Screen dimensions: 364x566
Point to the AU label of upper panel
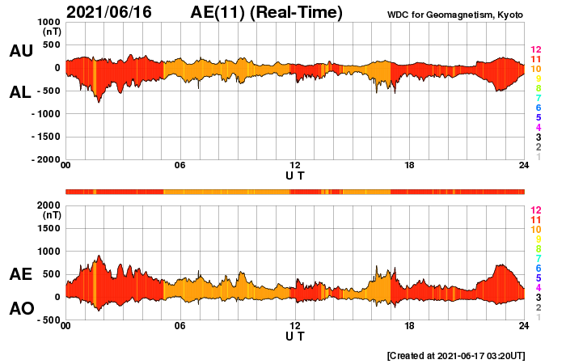pos(21,51)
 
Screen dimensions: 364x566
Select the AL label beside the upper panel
pos(21,92)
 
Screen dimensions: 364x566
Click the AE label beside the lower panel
pos(21,274)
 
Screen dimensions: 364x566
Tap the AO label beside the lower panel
pos(21,309)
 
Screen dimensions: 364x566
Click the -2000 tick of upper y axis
pos(43,160)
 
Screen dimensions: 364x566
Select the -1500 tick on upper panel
pos(43,138)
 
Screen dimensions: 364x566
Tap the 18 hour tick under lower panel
pos(410,326)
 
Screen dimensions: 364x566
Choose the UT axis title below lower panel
pos(295,336)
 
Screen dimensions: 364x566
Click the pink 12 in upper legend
pos(535,50)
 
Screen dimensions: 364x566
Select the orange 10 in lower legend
pos(535,229)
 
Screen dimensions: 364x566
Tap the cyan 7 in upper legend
pos(537,99)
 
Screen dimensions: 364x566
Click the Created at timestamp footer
pos(456,355)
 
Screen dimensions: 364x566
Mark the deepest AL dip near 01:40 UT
pos(99,102)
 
